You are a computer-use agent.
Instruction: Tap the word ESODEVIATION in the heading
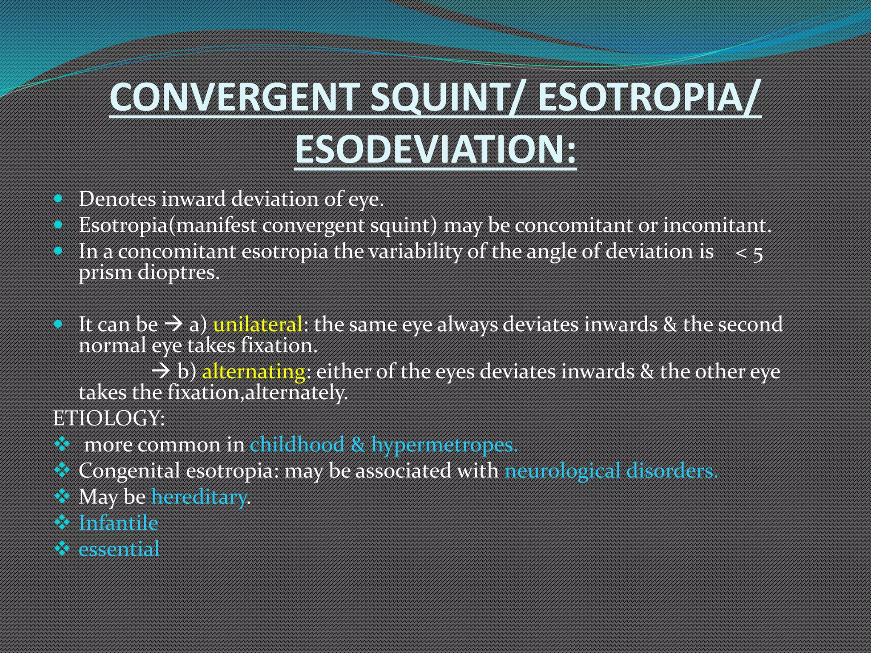430,150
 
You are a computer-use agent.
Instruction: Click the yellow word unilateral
257,324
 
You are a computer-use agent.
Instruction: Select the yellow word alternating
253,372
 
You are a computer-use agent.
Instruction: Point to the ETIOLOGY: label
109,418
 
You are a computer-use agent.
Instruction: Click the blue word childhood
297,445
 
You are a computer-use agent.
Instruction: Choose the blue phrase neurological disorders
611,471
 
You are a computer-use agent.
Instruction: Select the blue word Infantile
119,523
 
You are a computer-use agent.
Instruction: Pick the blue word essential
119,549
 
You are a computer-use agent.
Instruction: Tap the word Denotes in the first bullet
117,199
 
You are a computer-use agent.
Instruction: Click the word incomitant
717,225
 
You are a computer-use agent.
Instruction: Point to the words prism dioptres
149,273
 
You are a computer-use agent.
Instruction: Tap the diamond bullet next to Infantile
62,522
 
